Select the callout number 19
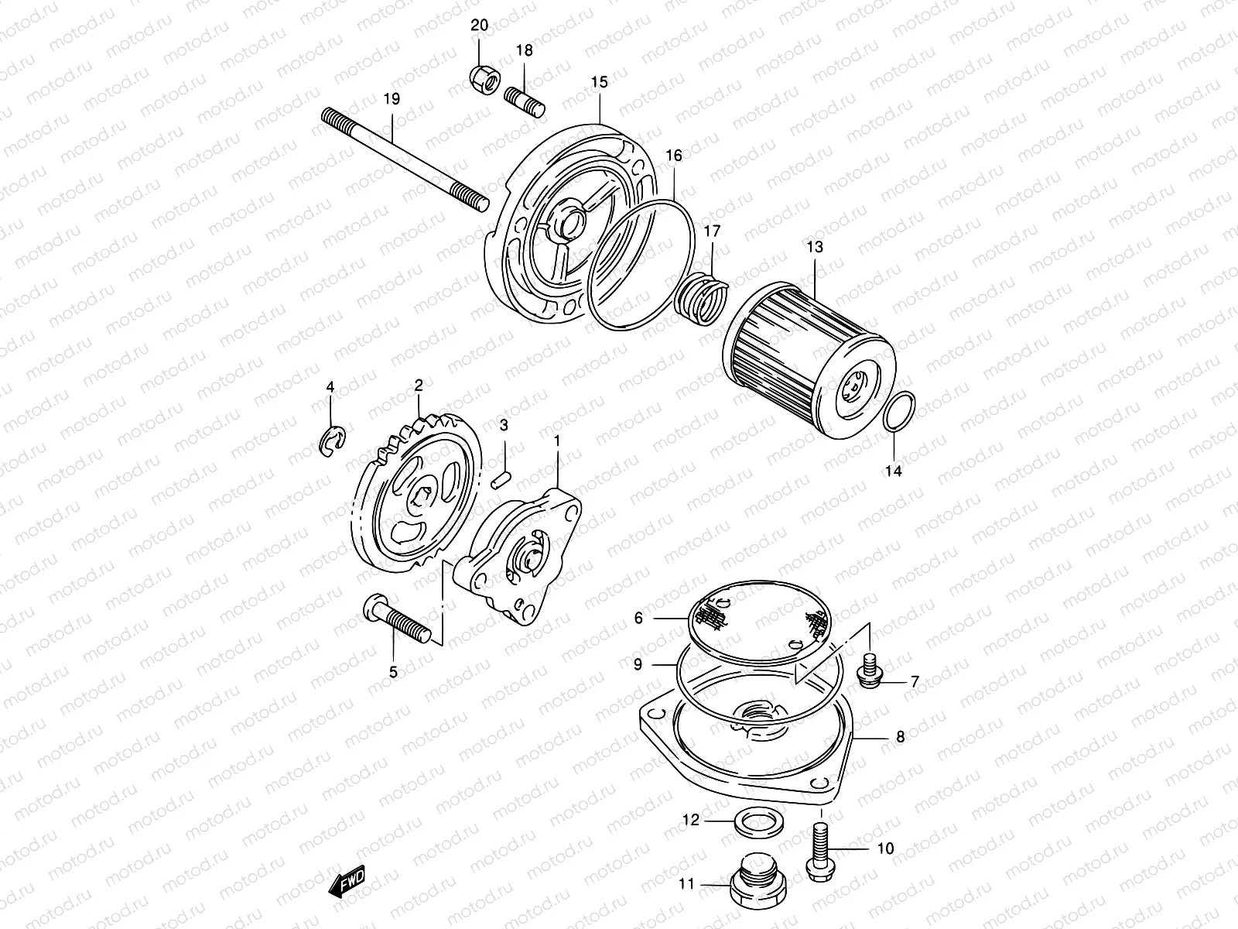tap(392, 99)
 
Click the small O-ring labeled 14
tap(900, 411)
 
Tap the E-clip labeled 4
tap(333, 442)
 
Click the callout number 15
tap(600, 82)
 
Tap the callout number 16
tap(674, 156)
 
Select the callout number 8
tap(900, 737)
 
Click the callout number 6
tap(638, 618)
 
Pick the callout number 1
tap(556, 441)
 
